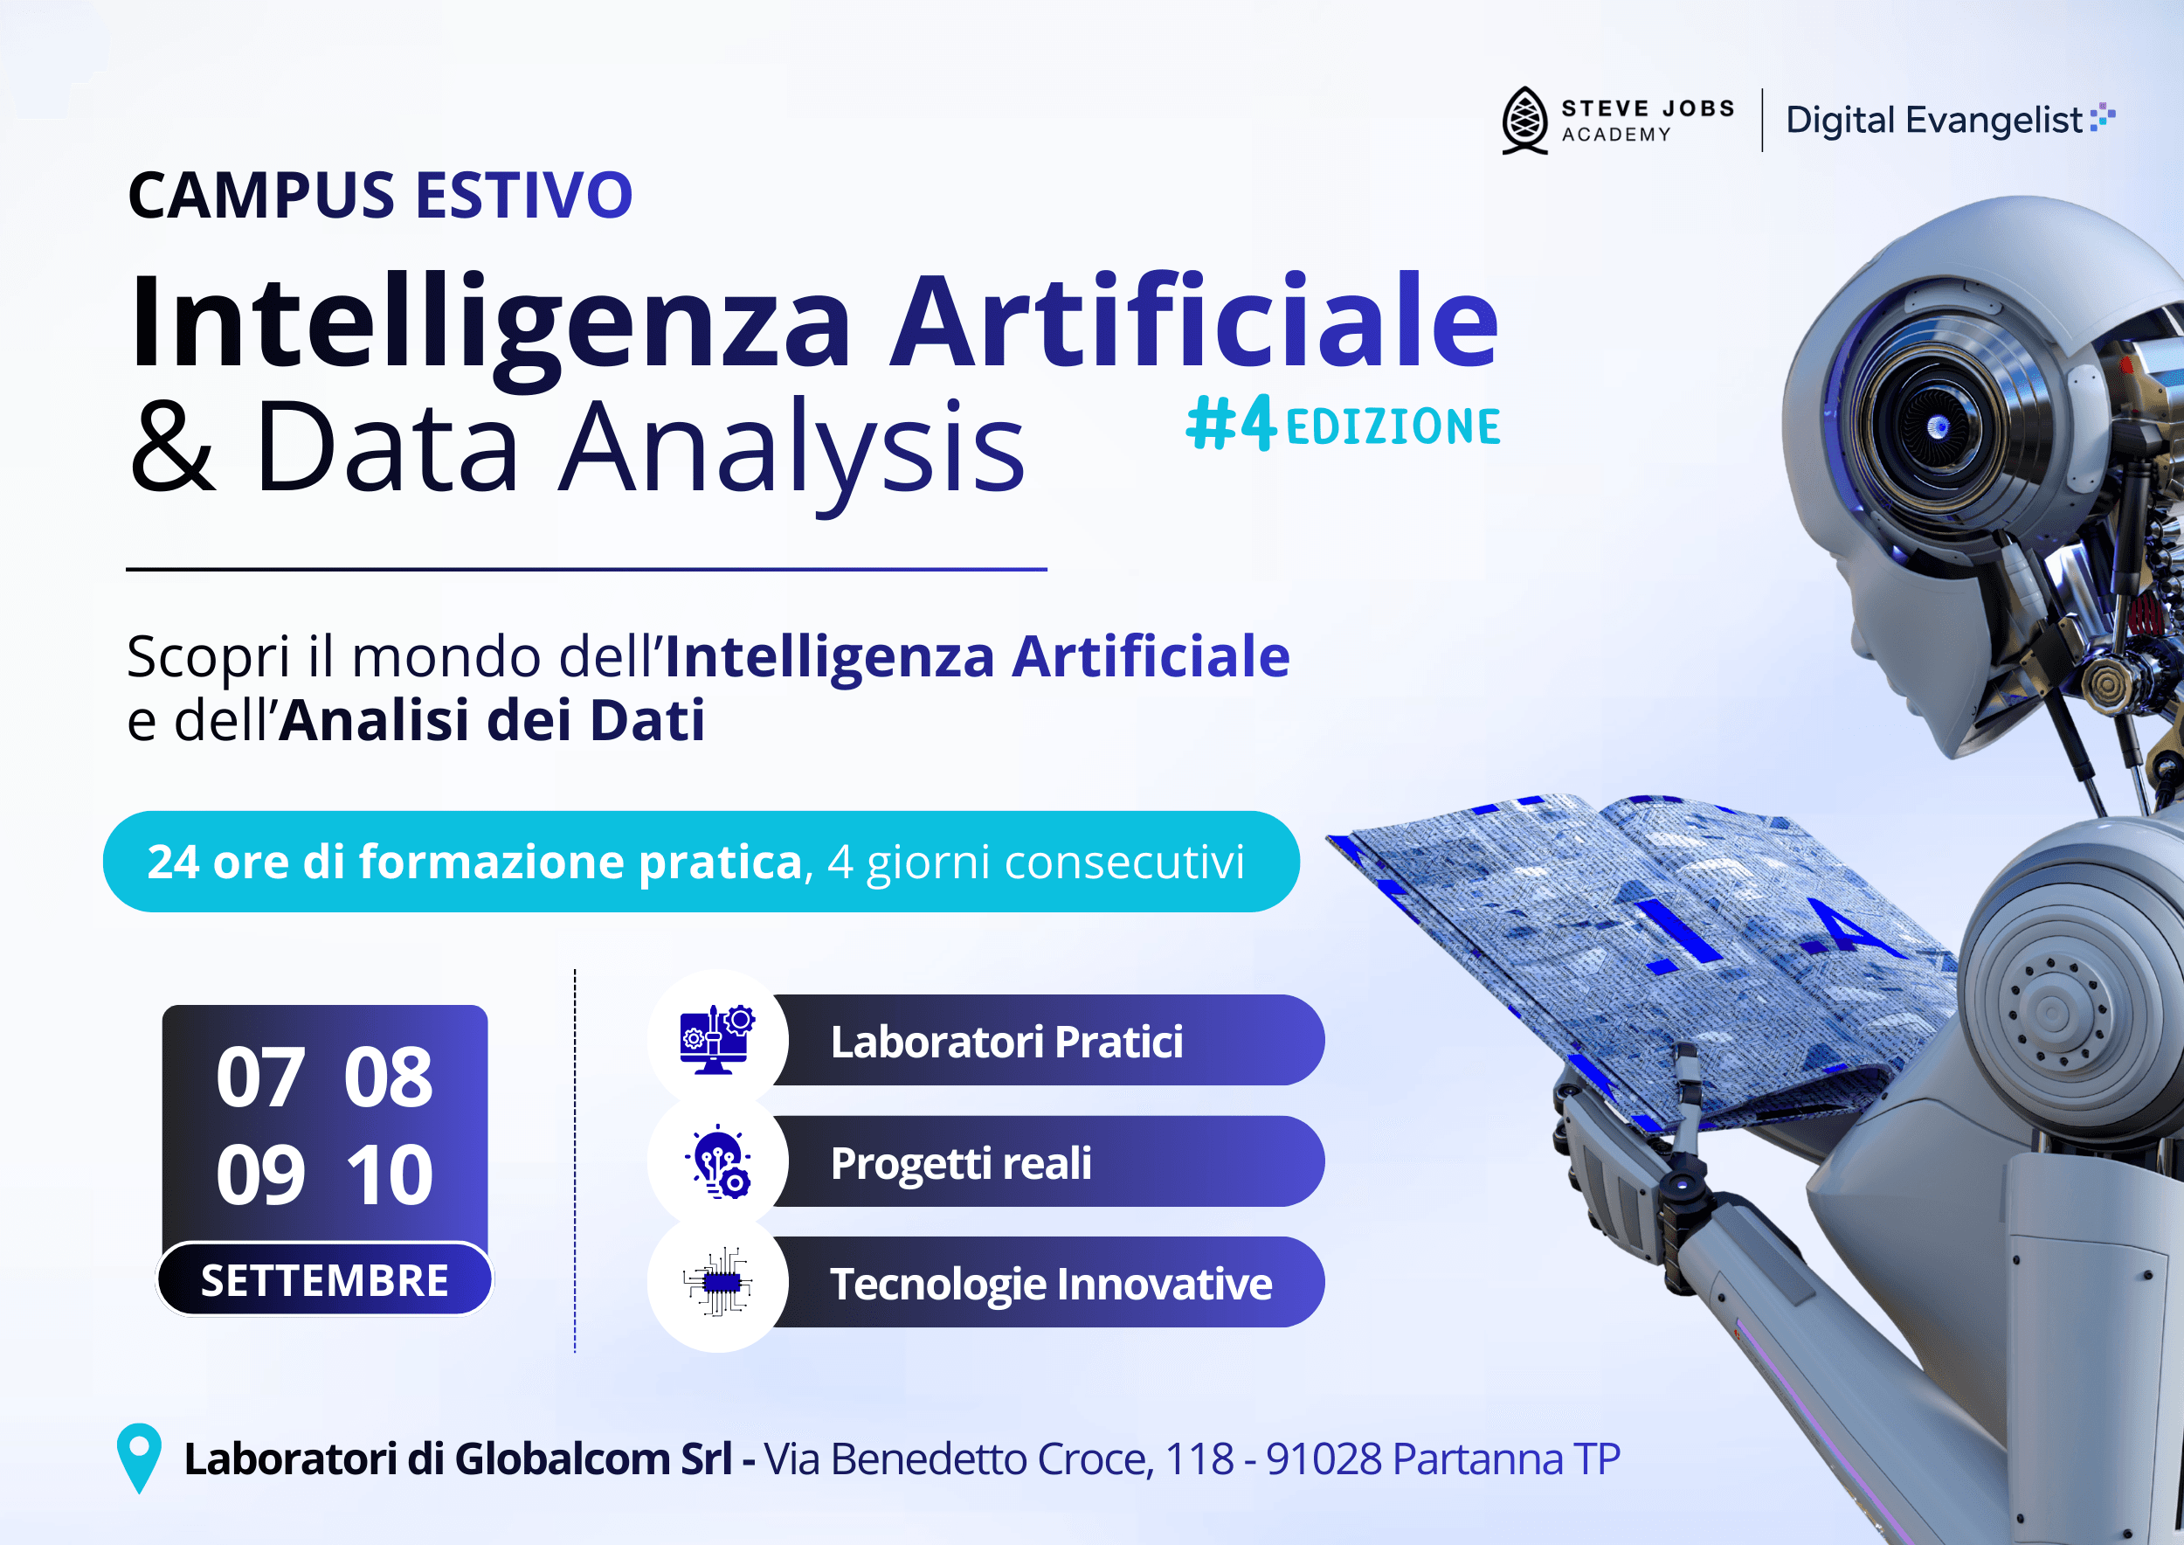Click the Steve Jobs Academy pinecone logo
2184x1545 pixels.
point(1524,121)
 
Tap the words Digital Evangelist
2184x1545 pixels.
point(1934,121)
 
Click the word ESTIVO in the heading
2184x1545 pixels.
point(523,196)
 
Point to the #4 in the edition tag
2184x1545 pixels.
point(1231,425)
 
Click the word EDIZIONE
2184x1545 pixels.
point(1393,427)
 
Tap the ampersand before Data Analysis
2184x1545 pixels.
point(173,447)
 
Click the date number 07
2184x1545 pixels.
point(259,1077)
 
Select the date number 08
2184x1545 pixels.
point(388,1077)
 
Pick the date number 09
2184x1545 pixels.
point(259,1175)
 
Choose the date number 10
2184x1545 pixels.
point(389,1175)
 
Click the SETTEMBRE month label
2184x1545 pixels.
point(324,1280)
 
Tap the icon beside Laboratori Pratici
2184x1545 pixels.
point(717,1040)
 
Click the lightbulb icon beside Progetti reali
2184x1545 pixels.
point(717,1161)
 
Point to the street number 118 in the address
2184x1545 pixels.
point(1199,1459)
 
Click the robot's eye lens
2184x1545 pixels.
point(1937,427)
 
